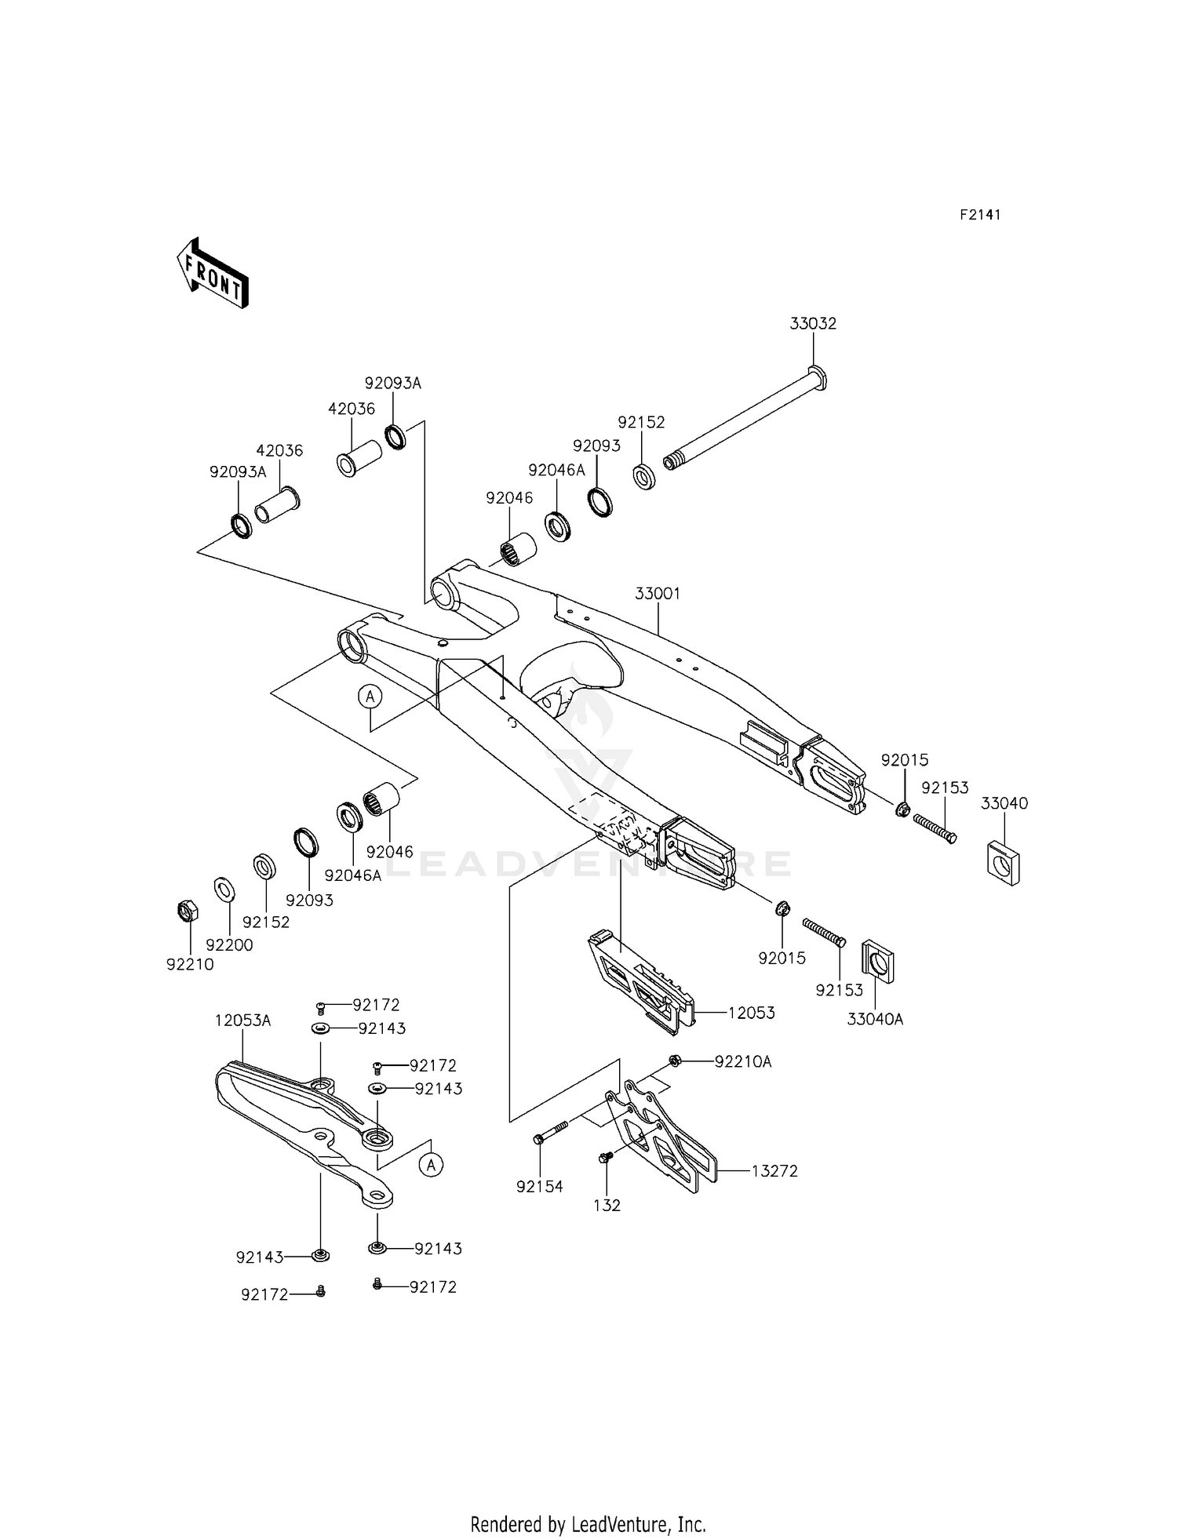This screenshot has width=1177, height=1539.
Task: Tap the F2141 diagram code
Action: (x=980, y=215)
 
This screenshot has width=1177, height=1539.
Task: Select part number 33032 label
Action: (x=813, y=323)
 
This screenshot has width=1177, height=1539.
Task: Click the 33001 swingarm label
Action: (x=658, y=594)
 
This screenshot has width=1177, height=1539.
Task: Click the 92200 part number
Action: (x=229, y=945)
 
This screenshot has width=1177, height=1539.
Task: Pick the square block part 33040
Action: (x=1003, y=862)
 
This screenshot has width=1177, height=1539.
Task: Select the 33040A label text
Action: (x=875, y=1020)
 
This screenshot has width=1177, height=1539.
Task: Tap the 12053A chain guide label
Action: (x=242, y=1021)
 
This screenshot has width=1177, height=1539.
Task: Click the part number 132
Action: (x=607, y=1206)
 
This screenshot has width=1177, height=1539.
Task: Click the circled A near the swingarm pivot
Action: (x=370, y=695)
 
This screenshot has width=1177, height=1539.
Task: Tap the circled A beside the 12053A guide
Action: (x=431, y=1165)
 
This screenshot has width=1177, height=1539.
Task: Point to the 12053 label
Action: (x=751, y=1013)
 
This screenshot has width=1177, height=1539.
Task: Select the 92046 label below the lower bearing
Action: (x=389, y=852)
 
